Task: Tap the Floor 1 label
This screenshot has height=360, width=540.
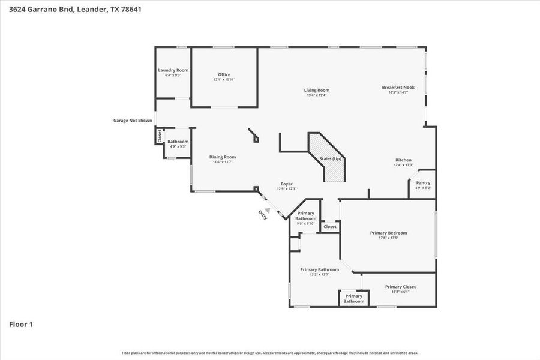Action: click(x=21, y=325)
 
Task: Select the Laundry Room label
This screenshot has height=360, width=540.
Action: click(x=173, y=70)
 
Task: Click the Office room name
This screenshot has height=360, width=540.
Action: click(x=224, y=74)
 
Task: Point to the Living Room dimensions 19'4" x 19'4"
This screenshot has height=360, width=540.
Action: click(x=316, y=95)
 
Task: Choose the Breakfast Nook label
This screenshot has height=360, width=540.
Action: click(x=398, y=87)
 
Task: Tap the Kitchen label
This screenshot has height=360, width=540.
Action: click(x=403, y=160)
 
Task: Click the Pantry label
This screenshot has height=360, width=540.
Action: click(x=423, y=183)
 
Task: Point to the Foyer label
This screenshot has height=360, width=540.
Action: click(x=287, y=184)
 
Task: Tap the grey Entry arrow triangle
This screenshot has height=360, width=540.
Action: click(x=268, y=210)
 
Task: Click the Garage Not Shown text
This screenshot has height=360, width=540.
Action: click(x=133, y=120)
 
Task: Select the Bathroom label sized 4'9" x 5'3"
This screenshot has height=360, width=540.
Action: click(x=178, y=142)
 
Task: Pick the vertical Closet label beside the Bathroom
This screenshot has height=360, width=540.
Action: click(x=160, y=136)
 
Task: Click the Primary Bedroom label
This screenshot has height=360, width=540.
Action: click(x=388, y=233)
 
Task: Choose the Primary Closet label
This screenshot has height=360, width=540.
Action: click(x=400, y=287)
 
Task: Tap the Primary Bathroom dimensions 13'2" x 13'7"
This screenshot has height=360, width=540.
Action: click(x=319, y=275)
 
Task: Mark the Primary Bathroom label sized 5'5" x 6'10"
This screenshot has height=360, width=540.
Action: click(x=305, y=216)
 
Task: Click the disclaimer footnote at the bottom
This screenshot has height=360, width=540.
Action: click(x=270, y=353)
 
